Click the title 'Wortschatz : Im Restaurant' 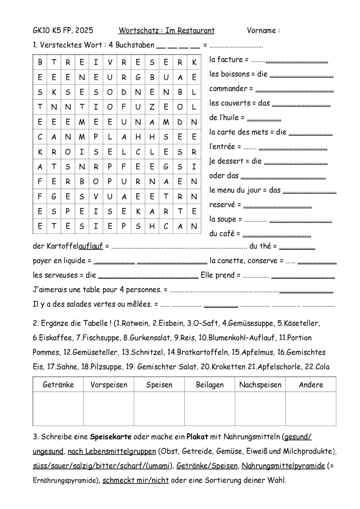point(166,31)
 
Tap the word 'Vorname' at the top point(261,31)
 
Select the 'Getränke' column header point(58,385)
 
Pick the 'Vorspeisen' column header point(109,385)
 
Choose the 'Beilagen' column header point(210,385)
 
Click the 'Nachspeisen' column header point(260,385)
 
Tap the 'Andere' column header point(311,385)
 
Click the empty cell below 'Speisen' point(159,409)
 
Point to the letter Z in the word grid point(152,107)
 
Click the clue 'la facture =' point(229,60)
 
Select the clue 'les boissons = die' point(238,74)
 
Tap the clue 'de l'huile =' point(227,118)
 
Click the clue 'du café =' point(225,234)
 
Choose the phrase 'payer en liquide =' point(62,260)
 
